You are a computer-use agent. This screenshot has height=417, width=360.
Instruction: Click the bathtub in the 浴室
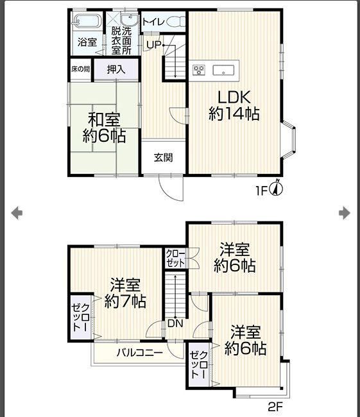click(87, 21)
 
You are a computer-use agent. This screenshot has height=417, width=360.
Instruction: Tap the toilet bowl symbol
click(176, 21)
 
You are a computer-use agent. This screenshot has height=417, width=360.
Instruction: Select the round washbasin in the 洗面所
click(129, 19)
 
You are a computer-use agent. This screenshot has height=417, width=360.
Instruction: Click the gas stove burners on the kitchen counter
click(199, 70)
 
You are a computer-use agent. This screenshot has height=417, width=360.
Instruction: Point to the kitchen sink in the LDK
click(223, 70)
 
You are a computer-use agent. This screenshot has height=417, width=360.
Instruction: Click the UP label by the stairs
click(153, 45)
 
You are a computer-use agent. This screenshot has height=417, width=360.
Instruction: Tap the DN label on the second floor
click(175, 323)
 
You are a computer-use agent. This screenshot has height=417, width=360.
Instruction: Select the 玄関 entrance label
click(164, 158)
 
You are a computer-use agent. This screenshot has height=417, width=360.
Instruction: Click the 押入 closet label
click(116, 70)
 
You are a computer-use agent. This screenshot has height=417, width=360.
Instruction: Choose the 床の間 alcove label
click(81, 69)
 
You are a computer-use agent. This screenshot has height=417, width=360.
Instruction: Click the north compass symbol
click(277, 188)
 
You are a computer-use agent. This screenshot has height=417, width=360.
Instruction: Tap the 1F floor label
click(261, 191)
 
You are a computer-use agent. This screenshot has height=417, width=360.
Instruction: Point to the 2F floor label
click(275, 407)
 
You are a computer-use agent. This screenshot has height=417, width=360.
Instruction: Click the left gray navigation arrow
click(17, 213)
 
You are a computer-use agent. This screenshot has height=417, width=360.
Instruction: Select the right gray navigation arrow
click(345, 213)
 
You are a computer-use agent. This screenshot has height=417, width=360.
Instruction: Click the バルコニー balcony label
click(140, 353)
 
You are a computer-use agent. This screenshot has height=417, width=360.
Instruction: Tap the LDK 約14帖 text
click(234, 106)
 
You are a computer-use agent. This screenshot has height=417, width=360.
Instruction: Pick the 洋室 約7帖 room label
click(125, 293)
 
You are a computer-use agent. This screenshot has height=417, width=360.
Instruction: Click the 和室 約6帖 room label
click(104, 128)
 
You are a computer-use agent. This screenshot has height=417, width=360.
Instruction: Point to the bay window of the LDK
click(289, 140)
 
